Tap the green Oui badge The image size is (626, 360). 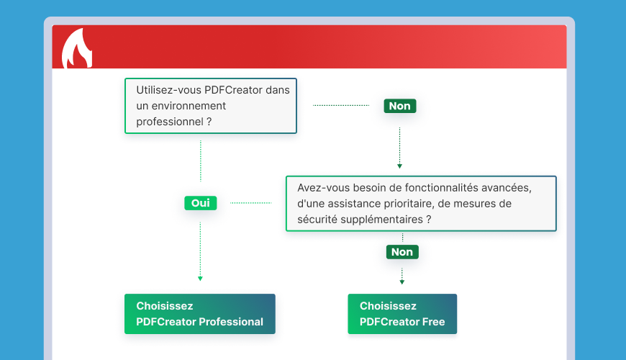(200, 203)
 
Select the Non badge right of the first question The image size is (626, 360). (399, 106)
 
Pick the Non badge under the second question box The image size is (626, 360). (402, 251)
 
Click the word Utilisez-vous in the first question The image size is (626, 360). (168, 90)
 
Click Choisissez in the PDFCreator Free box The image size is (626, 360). (389, 306)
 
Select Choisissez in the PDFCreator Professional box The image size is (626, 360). (165, 306)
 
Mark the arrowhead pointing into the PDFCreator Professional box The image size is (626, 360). (200, 278)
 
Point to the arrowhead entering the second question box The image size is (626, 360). (399, 166)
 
